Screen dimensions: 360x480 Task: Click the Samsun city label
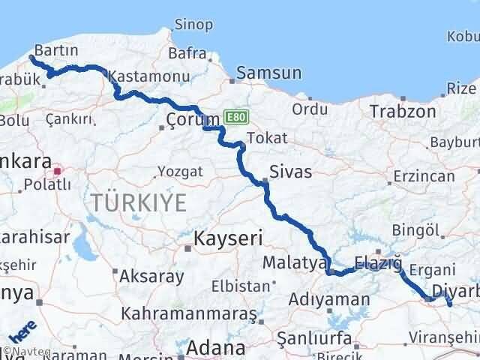[268, 73]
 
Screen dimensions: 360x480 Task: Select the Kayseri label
[227, 239]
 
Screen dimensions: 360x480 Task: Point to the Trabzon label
[402, 112]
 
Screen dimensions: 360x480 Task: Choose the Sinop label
[193, 25]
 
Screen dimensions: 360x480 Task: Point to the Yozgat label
[181, 172]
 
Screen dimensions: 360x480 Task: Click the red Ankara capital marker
[57, 171]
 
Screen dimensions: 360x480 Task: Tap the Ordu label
[310, 109]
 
